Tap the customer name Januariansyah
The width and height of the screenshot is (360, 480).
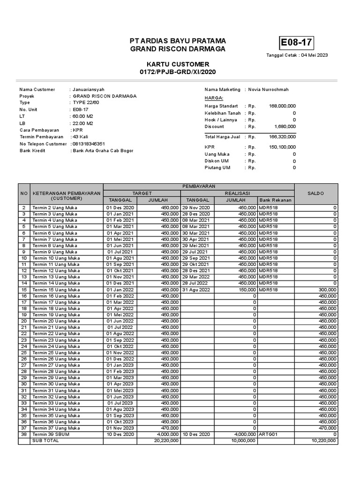pyautogui.click(x=89, y=90)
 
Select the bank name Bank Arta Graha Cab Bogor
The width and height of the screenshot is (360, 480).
pyautogui.click(x=103, y=151)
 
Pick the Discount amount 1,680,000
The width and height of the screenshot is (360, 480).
pyautogui.click(x=285, y=127)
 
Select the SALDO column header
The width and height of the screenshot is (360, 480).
pyautogui.click(x=315, y=193)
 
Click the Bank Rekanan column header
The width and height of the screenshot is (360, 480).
pyautogui.click(x=276, y=200)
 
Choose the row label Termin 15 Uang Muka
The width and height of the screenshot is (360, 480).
pyautogui.click(x=55, y=290)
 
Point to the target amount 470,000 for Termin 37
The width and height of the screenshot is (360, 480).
pyautogui.click(x=170, y=428)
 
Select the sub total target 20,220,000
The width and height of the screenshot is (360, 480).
pyautogui.click(x=166, y=441)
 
